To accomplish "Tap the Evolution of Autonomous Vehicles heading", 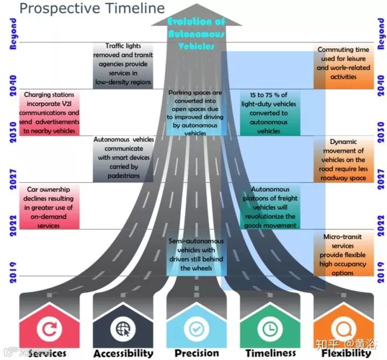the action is tap(196, 34).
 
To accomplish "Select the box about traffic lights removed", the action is tap(123, 65).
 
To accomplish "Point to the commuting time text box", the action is tap(343, 63).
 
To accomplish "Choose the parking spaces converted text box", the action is tap(195, 113).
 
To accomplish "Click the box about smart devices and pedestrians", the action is tap(124, 157).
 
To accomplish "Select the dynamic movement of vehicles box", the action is tap(343, 160).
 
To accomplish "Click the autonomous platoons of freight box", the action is tap(270, 207).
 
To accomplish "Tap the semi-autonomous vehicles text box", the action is tap(196, 255).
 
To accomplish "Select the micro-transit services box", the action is tap(343, 255).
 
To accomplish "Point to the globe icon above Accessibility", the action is tap(122, 329).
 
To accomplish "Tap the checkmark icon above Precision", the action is tap(196, 329).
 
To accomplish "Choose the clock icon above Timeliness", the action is tap(269, 329).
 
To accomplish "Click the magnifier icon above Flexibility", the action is tap(343, 329).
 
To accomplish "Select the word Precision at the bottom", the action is tap(197, 353).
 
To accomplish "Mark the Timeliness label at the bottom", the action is tap(271, 353).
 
